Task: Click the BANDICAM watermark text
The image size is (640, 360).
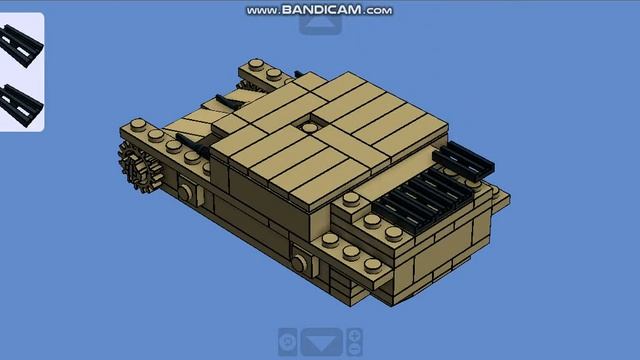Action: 319,10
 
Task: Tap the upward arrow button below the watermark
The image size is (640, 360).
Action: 320,24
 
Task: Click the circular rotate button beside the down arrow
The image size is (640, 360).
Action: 288,342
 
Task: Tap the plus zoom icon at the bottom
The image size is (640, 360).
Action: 354,336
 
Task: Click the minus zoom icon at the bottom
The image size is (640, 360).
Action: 354,349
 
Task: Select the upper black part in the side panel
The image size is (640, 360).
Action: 21,45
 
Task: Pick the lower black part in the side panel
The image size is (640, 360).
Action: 21,106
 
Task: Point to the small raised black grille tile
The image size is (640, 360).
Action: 463,160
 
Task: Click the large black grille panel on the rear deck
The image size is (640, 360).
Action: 423,200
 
